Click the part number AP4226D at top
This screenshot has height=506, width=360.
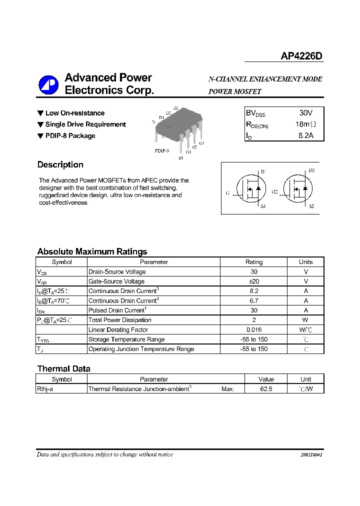301,56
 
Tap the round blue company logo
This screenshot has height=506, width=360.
48,84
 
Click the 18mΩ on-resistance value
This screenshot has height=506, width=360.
305,124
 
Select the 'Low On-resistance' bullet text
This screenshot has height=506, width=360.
74,113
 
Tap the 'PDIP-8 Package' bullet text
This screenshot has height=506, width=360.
70,135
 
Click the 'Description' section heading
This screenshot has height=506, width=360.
60,164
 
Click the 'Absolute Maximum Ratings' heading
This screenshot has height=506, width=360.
92,251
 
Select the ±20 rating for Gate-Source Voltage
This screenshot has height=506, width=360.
254,281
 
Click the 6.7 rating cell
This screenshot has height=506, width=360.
254,300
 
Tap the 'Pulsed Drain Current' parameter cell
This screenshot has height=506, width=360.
116,310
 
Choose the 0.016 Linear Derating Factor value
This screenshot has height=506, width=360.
254,329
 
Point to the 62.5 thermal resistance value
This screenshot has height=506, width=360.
266,388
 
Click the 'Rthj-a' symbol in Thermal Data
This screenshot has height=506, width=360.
45,388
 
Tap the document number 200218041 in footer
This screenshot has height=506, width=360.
311,455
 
